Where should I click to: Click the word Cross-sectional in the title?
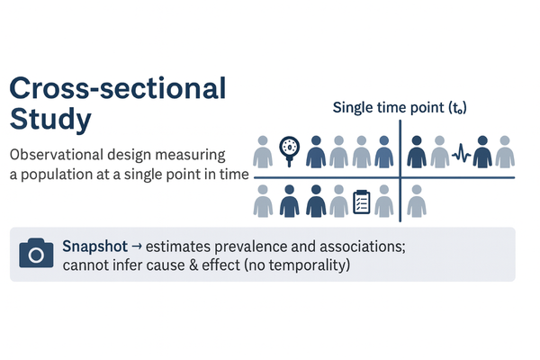[116, 89]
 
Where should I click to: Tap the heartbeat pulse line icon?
[462, 152]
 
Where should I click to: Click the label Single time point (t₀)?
[399, 108]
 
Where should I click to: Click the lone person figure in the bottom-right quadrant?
[416, 202]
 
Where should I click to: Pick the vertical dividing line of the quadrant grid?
[400, 171]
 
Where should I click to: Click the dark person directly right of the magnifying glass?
[315, 152]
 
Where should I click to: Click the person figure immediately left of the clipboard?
[338, 202]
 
